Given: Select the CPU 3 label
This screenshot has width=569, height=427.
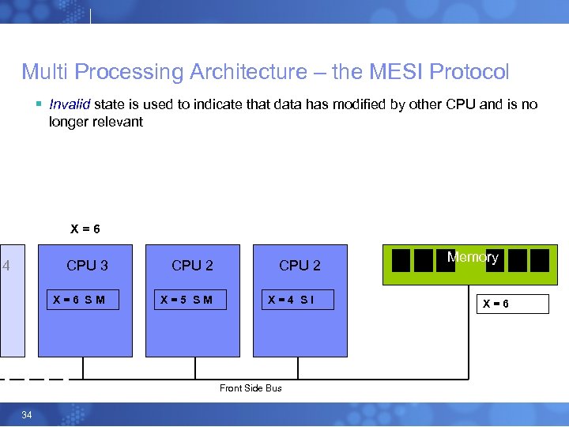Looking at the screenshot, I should click(87, 266).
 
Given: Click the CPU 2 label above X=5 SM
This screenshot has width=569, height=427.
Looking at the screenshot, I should click(192, 266).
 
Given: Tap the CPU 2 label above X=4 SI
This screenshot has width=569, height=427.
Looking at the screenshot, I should click(300, 266).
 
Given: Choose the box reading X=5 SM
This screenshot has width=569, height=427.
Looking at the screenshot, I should click(189, 300).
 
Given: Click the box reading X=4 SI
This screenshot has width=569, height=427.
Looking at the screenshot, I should click(297, 300).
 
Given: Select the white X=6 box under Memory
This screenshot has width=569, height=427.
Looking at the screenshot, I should click(512, 304).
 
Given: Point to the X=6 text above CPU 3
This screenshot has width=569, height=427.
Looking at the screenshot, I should click(85, 229).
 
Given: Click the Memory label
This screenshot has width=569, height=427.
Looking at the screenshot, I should click(473, 257).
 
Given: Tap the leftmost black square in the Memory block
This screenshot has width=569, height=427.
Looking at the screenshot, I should click(401, 260).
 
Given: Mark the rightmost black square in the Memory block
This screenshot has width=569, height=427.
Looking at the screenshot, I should click(540, 260).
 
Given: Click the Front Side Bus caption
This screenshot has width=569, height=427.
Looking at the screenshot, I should click(251, 388).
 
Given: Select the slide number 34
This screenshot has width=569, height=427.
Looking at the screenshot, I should click(27, 415).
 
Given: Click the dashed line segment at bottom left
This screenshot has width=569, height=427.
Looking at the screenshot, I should click(32, 379).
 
